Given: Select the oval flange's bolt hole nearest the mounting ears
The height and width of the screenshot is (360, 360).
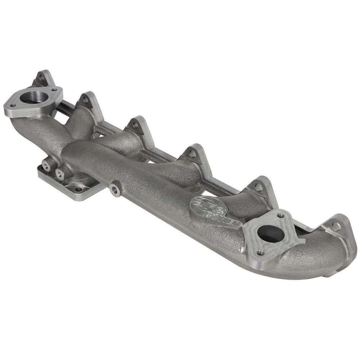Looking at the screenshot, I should coord(54,90).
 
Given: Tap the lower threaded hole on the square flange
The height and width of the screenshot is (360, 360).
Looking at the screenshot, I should coord(260,253).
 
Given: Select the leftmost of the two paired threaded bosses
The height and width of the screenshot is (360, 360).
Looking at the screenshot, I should coord(46,167).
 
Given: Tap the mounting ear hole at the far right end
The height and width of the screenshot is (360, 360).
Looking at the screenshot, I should coord(336,226).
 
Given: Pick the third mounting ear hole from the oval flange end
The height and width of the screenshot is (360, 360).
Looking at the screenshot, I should coord(135,125).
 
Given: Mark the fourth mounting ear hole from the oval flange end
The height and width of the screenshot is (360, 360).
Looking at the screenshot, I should coord(193,153).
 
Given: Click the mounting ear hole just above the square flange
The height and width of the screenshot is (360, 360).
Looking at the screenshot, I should coord(258,187).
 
